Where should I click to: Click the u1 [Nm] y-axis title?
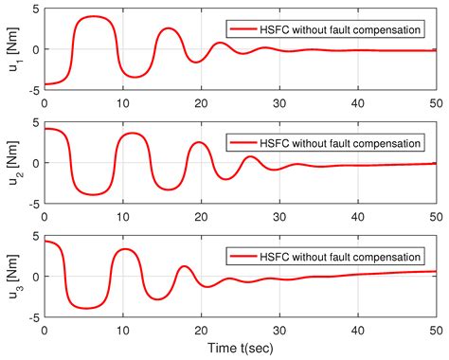click(x=11, y=49)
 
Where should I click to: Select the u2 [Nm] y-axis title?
click(x=11, y=163)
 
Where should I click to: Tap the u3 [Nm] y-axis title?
click(x=11, y=277)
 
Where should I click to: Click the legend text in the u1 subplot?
click(x=341, y=29)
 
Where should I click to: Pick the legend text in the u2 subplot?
click(x=341, y=143)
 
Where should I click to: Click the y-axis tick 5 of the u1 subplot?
click(x=35, y=10)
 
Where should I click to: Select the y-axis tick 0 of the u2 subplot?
click(x=35, y=163)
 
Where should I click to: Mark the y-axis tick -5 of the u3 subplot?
click(x=31, y=316)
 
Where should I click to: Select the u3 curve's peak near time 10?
click(x=124, y=249)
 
